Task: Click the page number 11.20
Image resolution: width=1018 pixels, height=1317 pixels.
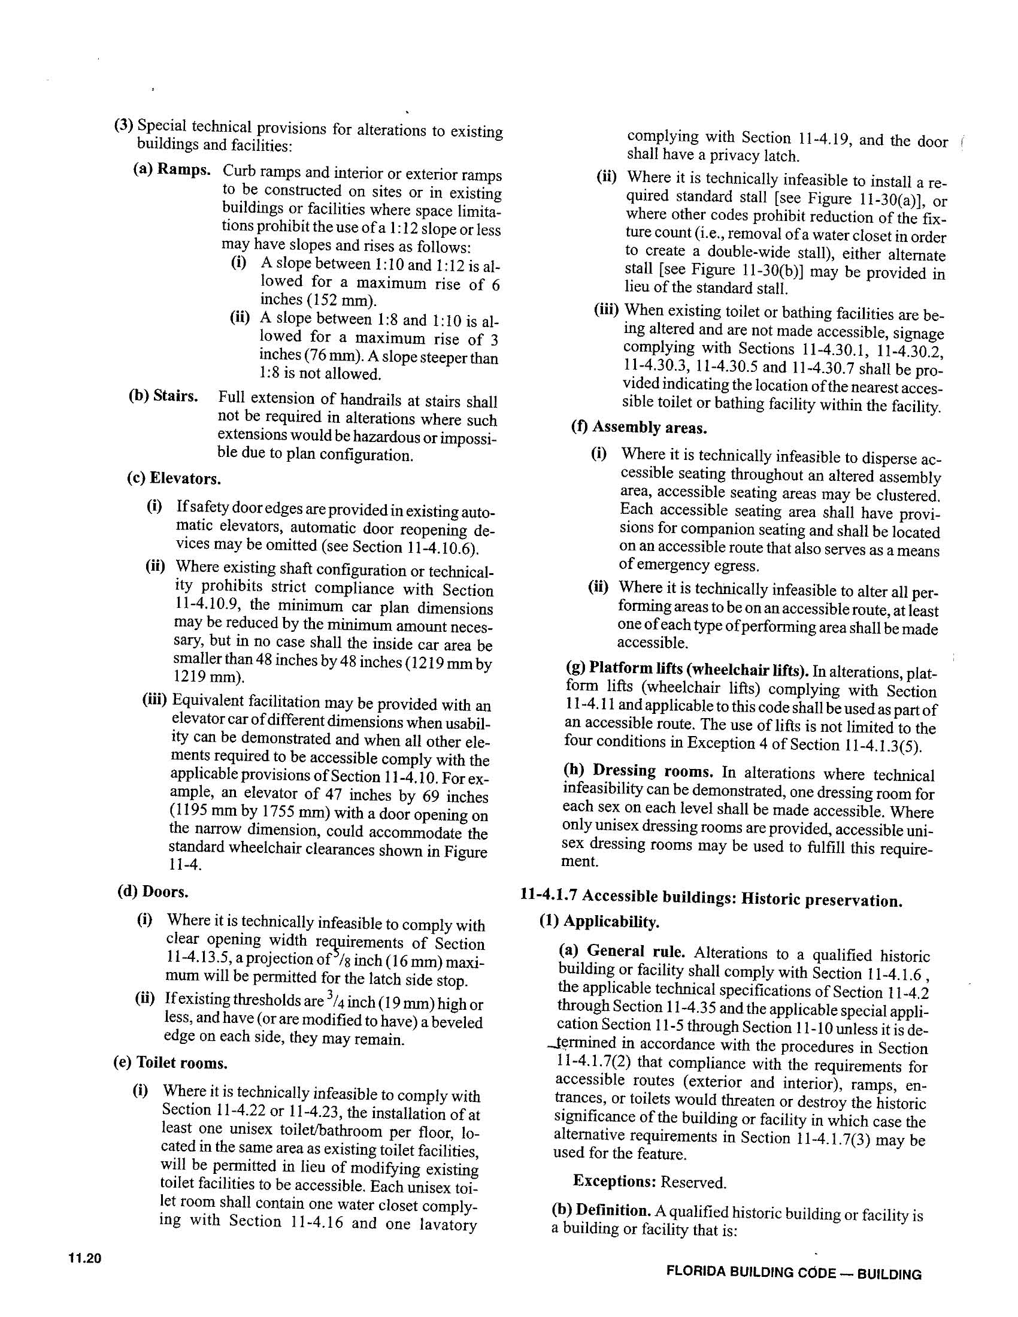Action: coord(85,1258)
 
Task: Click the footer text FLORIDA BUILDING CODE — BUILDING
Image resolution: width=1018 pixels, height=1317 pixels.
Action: coord(793,1274)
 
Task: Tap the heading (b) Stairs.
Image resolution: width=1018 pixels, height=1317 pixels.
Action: coord(163,396)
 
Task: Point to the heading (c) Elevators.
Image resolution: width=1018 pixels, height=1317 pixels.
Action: coord(174,479)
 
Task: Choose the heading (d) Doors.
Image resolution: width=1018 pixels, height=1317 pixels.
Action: coord(153,891)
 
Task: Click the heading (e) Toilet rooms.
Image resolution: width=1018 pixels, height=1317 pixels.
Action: coord(170,1062)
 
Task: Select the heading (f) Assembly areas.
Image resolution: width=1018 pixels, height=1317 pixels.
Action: coord(639,428)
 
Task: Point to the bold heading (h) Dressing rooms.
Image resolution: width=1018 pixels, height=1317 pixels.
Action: coord(638,771)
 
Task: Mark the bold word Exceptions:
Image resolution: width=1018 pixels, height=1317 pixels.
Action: coord(614,1180)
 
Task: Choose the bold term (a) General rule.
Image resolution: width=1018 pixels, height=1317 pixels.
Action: coord(622,952)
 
